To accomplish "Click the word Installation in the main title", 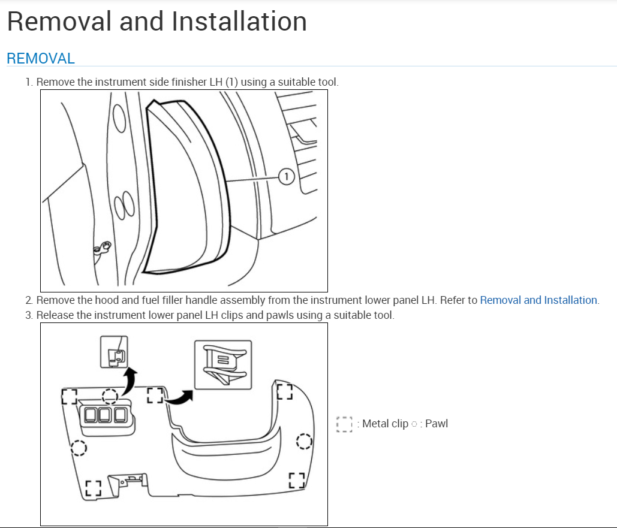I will tap(239, 22).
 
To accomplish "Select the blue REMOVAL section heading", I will tap(41, 59).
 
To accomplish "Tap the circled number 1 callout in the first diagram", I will tap(287, 176).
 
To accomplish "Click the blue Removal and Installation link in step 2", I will tap(538, 300).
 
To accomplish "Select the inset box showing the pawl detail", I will tap(114, 352).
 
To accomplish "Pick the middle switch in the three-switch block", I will tap(106, 415).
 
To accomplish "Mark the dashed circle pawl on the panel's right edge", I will tap(304, 442).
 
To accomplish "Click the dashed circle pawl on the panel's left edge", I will tap(79, 448).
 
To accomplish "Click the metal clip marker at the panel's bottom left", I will tap(92, 488).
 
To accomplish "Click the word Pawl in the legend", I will tap(437, 424).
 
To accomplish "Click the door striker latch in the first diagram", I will tap(103, 246).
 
